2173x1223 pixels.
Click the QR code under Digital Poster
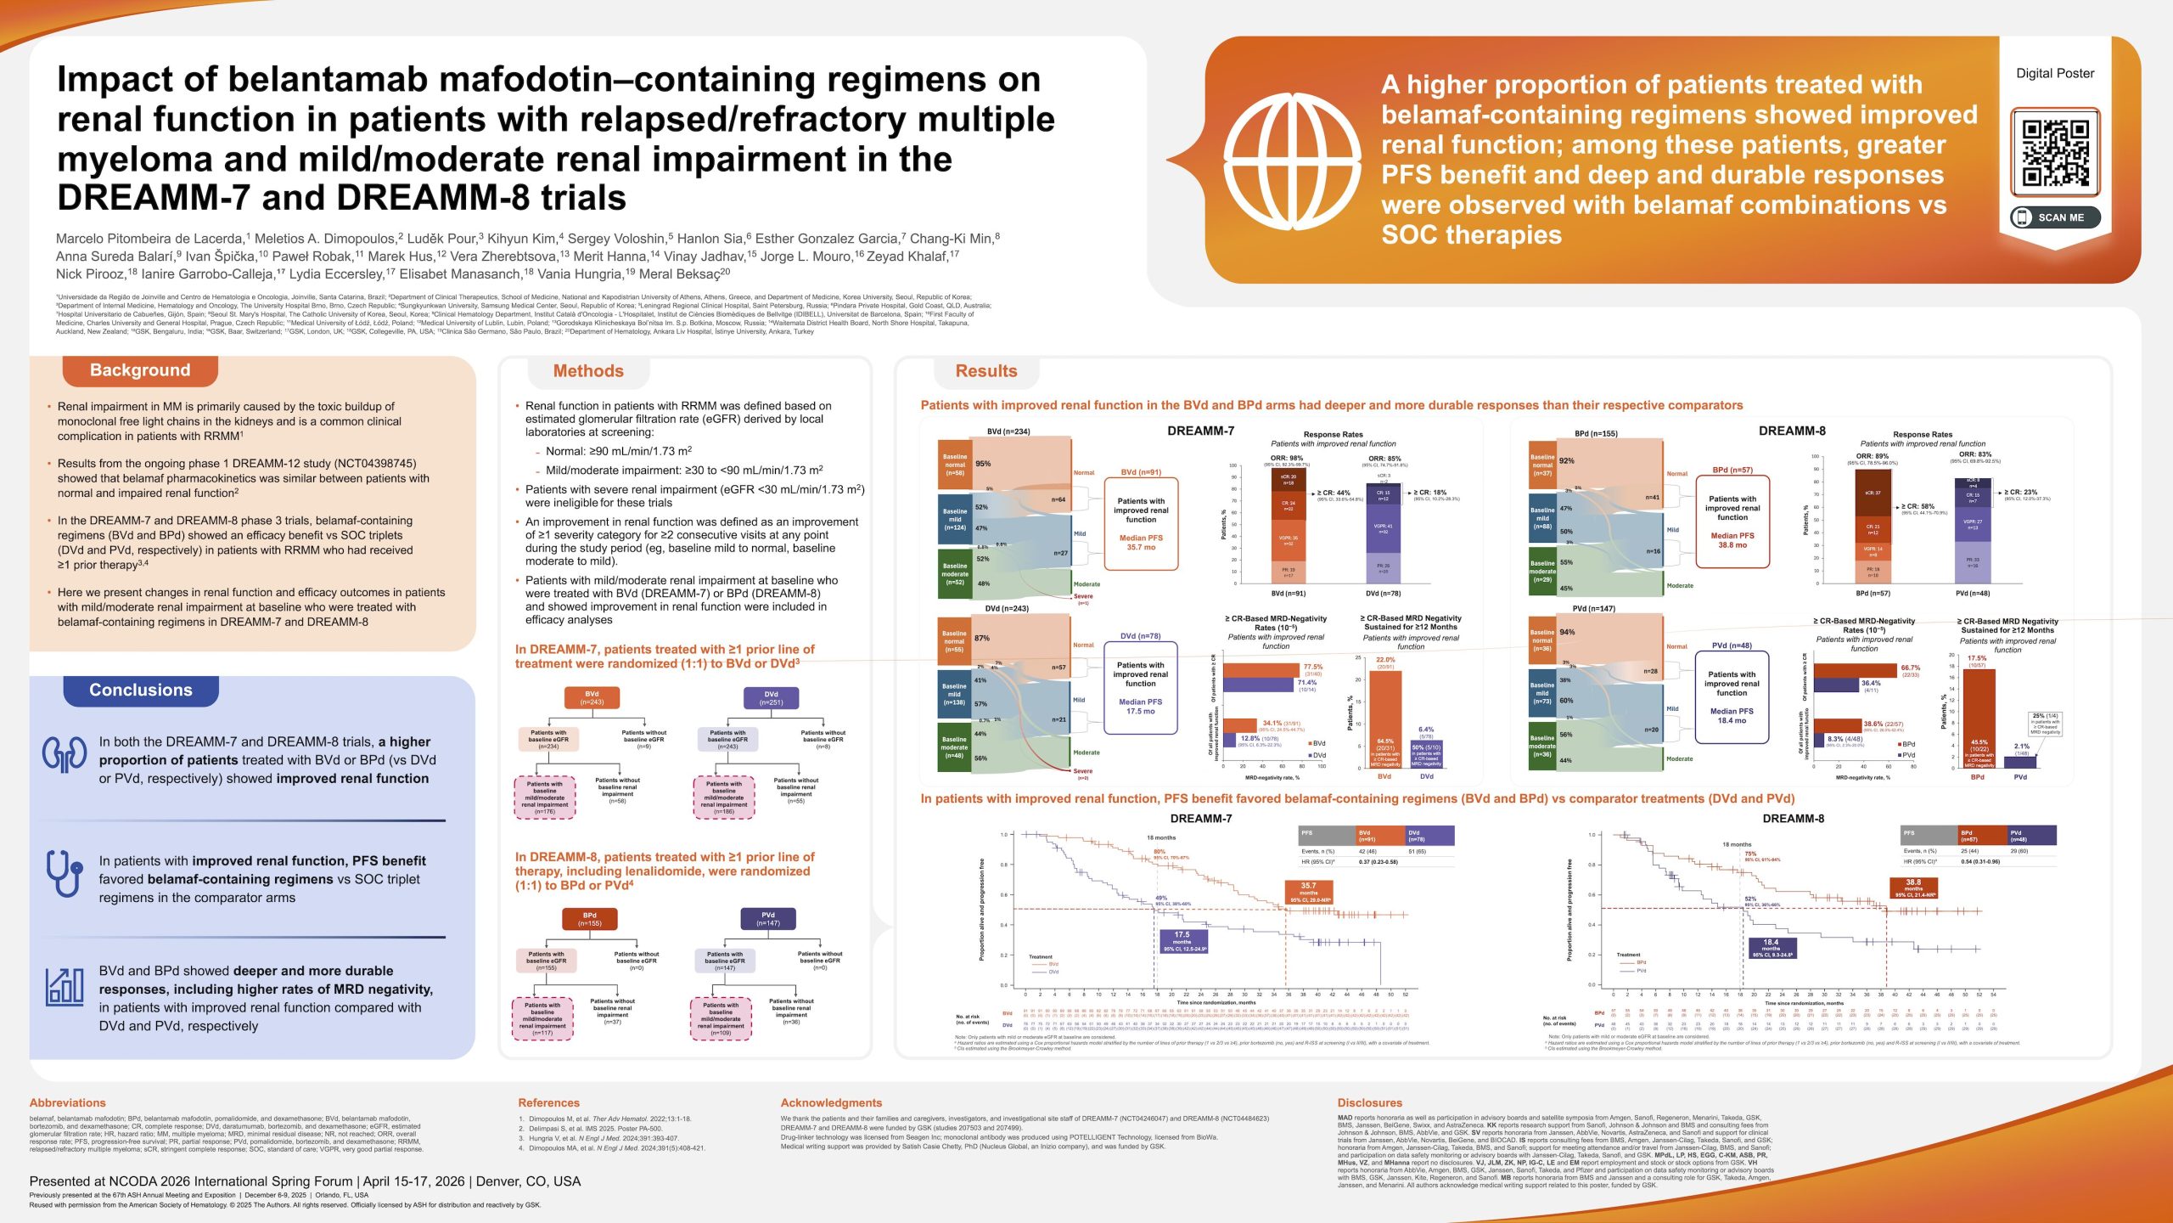2054,153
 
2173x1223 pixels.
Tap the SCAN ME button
2054,217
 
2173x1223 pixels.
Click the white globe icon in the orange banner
1292,160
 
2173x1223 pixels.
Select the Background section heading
140,370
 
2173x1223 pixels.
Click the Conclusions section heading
141,690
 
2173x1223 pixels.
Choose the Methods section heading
588,371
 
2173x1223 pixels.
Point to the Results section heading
985,371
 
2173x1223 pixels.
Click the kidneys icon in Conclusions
65,754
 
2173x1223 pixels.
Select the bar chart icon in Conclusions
65,987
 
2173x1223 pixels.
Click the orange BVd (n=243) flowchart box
592,698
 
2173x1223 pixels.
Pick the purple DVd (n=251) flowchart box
771,698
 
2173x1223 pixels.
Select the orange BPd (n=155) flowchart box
589,919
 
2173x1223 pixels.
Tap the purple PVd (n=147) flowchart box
767,919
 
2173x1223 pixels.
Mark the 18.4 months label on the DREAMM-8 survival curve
1772,948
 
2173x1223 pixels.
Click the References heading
548,1102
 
